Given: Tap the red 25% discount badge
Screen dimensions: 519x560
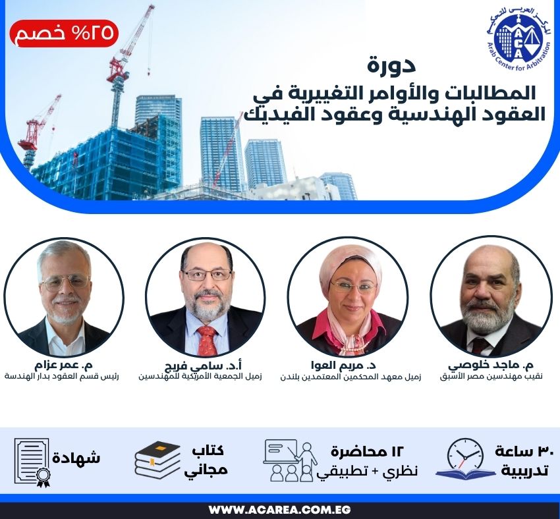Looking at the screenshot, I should (x=64, y=33).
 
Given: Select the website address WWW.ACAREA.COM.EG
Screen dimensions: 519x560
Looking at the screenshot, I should (x=279, y=510).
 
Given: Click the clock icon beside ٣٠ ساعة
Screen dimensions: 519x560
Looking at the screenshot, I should (x=466, y=457).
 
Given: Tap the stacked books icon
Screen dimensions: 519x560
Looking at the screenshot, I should (x=157, y=459).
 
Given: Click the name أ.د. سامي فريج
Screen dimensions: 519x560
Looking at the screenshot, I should (x=200, y=366).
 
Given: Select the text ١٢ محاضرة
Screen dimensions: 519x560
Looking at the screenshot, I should (x=366, y=451).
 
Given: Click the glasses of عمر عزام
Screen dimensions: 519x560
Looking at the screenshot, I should (x=65, y=283).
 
